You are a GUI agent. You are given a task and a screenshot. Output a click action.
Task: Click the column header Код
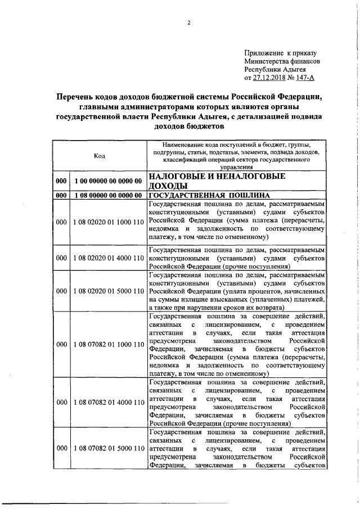coord(99,156)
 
